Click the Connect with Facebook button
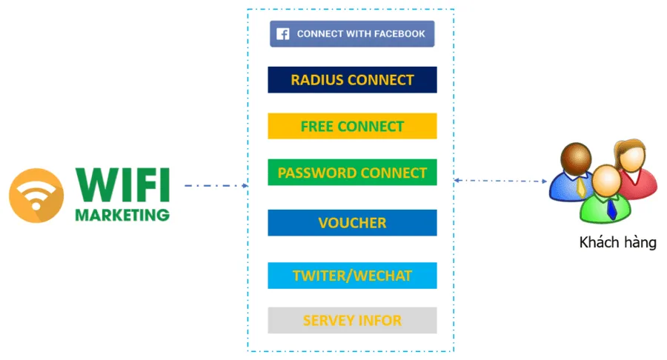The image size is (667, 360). pos(352,34)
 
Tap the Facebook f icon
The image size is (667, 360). pos(282,34)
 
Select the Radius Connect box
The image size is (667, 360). pos(352,80)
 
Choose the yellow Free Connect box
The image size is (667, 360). pos(352,127)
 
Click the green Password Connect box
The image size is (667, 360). pos(352,173)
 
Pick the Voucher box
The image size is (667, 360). pos(352,223)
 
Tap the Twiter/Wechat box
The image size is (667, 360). pos(352,276)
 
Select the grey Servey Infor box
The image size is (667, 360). pos(352,321)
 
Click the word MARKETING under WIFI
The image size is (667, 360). pos(122,216)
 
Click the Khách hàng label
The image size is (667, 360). pos(617,242)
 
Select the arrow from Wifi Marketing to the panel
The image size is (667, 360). pos(216,186)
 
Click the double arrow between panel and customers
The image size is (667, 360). pos(501,180)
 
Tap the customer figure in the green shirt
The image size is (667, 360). pos(605,196)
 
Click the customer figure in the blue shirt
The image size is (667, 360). pos(573,173)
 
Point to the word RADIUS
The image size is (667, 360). pos(316,80)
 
